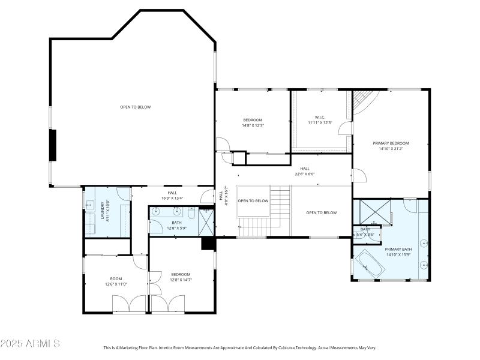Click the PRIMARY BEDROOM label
pos(391,143)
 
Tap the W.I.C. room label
pos(319,117)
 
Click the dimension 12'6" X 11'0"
pos(116,284)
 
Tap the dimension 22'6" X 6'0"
pos(305,174)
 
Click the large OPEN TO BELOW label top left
pos(135,107)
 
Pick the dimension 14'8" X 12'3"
pos(253,125)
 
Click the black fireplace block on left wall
pos(53,145)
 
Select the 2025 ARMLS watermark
pos(30,344)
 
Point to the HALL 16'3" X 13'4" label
pos(172,195)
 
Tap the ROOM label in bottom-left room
pos(116,278)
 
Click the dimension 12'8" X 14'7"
pos(184,279)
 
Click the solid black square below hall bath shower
pos(208,243)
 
